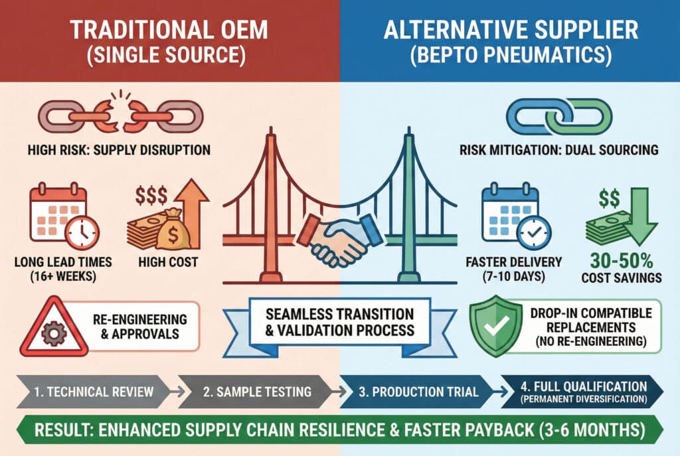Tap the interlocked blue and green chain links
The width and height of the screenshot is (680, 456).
tap(559, 116)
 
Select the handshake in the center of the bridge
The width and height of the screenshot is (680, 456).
tap(340, 238)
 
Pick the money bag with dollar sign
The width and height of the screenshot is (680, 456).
tap(173, 229)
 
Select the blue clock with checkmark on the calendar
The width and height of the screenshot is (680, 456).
tap(535, 233)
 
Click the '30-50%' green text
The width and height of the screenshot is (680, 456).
tap(622, 261)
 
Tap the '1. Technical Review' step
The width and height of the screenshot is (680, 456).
tap(93, 392)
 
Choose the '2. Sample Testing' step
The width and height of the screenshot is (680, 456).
tap(257, 392)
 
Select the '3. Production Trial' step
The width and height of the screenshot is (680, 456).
tap(418, 392)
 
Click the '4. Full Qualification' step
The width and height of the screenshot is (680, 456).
tap(582, 392)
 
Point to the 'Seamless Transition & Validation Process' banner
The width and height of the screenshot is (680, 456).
tap(339, 323)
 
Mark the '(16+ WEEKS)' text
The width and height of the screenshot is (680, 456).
tap(63, 276)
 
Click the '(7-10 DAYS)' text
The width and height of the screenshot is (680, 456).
tap(514, 276)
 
